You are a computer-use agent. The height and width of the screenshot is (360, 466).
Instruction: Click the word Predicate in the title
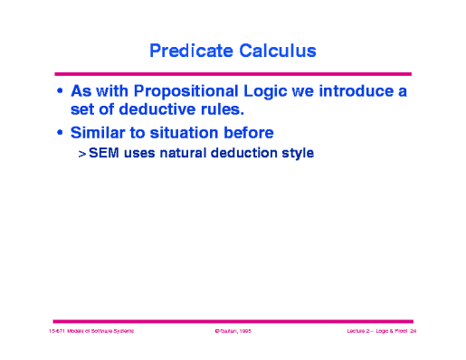[189, 51]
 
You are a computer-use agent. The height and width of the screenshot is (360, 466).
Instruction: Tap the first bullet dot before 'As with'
[60, 92]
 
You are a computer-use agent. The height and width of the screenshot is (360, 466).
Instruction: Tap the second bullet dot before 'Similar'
[60, 133]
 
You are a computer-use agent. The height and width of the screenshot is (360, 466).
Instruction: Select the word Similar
[101, 132]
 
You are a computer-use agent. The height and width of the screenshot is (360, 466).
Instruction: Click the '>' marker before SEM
[81, 154]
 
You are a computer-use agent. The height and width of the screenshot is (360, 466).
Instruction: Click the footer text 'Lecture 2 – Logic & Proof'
[376, 332]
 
